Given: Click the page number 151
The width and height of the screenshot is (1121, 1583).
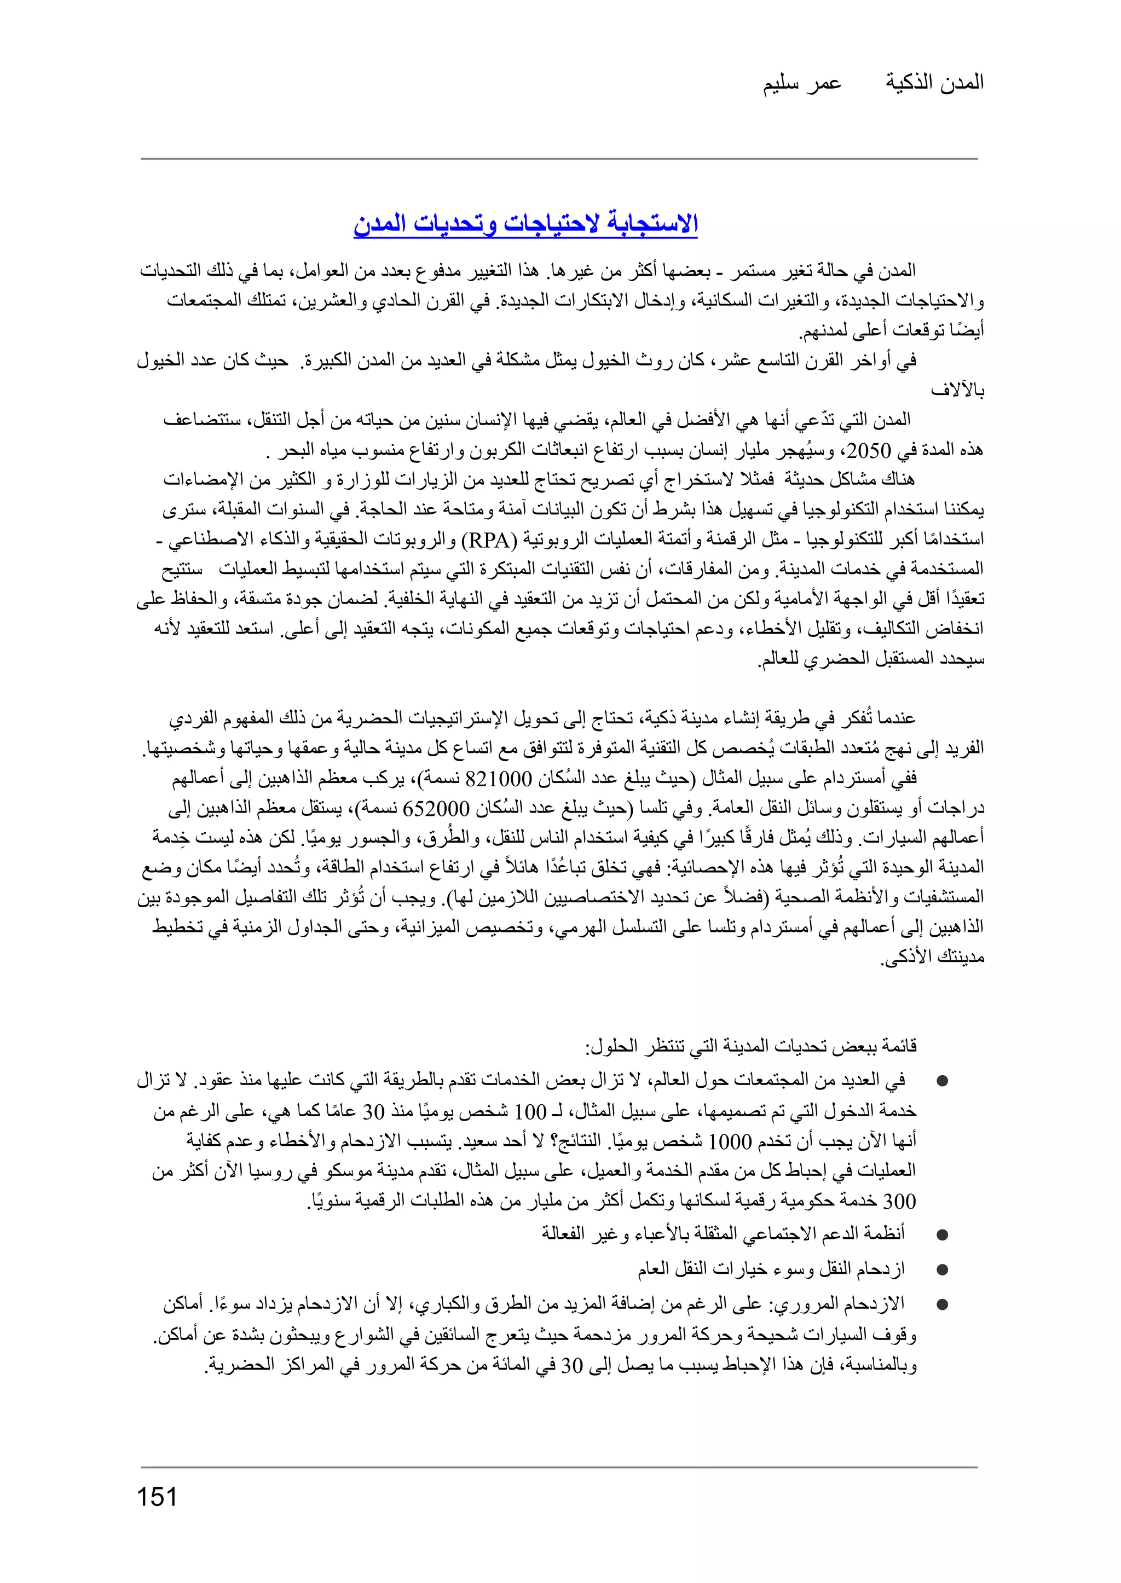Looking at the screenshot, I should click(x=158, y=1498).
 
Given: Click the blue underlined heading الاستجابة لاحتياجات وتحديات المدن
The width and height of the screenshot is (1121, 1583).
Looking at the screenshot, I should click(x=525, y=224).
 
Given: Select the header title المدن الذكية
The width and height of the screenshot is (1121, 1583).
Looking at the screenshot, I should click(x=935, y=83).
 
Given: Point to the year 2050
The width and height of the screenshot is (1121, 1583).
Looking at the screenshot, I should click(x=870, y=451).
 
